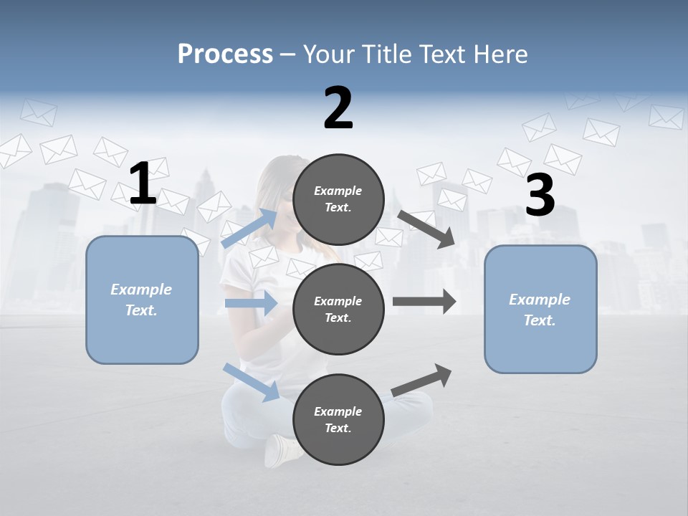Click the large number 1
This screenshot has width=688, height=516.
143,184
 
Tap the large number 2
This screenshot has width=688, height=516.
338,108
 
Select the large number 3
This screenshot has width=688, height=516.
540,195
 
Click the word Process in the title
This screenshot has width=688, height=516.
225,54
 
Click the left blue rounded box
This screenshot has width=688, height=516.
142,300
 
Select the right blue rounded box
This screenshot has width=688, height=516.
540,310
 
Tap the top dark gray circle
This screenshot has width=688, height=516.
338,199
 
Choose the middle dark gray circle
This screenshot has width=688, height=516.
338,310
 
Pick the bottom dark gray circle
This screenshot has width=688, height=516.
338,420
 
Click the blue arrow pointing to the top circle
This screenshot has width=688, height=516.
249,228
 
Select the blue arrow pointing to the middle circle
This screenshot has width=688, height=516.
251,303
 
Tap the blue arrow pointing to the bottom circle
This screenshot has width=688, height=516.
251,381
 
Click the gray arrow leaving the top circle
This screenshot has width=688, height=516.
426,229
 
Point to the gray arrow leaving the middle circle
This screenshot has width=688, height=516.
424,302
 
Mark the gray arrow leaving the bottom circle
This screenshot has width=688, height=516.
421,380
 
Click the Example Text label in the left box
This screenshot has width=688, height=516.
141,300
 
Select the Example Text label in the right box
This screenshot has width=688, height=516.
540,310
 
